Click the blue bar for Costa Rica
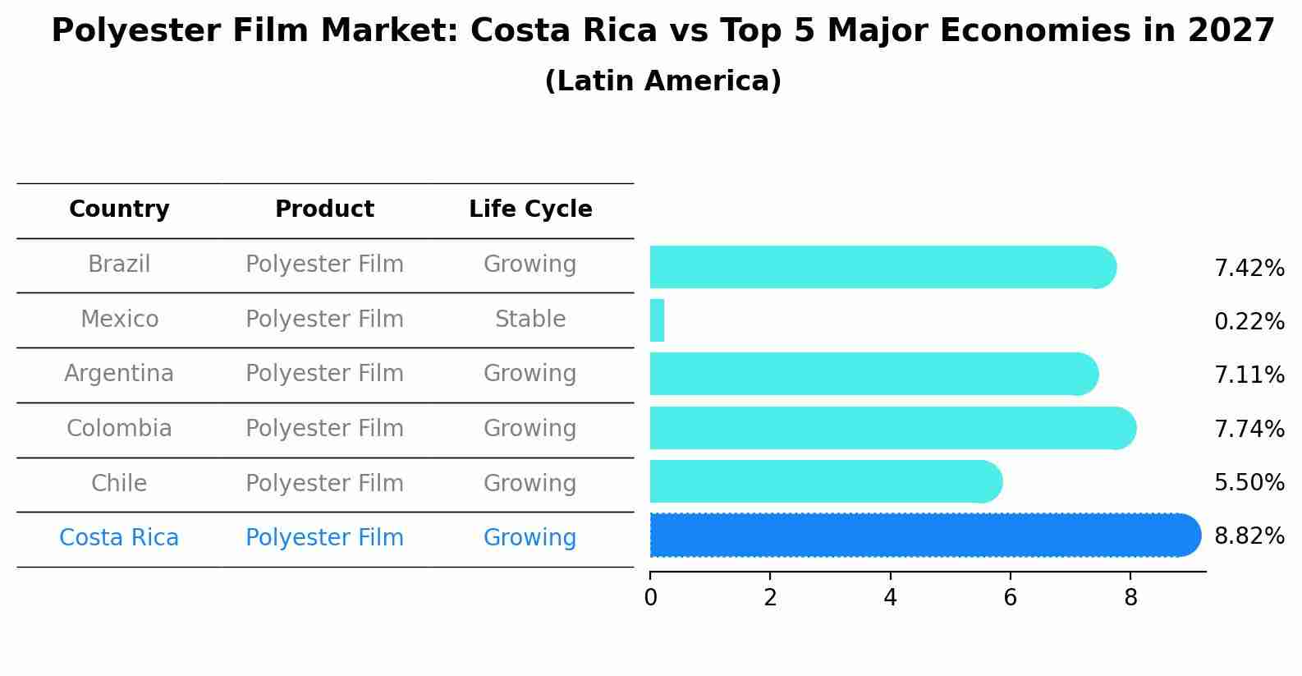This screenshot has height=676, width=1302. tap(924, 536)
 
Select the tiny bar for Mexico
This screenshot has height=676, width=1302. tap(657, 320)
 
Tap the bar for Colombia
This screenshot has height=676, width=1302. tap(891, 428)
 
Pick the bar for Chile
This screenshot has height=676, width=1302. tap(825, 481)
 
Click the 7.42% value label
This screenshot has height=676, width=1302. tap(1249, 269)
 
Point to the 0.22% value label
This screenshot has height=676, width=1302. tap(1249, 322)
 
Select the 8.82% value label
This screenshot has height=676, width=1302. tap(1249, 536)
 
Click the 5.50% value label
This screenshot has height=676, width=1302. tap(1249, 483)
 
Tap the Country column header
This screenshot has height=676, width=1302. tap(119, 209)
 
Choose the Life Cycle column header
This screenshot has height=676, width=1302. tap(530, 209)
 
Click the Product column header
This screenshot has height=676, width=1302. tap(324, 209)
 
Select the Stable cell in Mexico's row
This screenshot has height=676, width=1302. tap(530, 320)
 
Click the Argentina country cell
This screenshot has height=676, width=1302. tap(119, 374)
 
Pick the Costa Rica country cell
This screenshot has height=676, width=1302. tap(119, 538)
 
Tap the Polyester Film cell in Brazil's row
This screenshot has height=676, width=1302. tap(324, 264)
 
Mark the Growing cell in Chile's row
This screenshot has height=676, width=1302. tap(530, 484)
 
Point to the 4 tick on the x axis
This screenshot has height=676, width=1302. tap(890, 598)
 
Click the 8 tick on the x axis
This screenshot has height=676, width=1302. tap(1130, 598)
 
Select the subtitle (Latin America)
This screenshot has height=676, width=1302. tap(662, 81)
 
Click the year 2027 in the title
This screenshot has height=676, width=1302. tap(1231, 31)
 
